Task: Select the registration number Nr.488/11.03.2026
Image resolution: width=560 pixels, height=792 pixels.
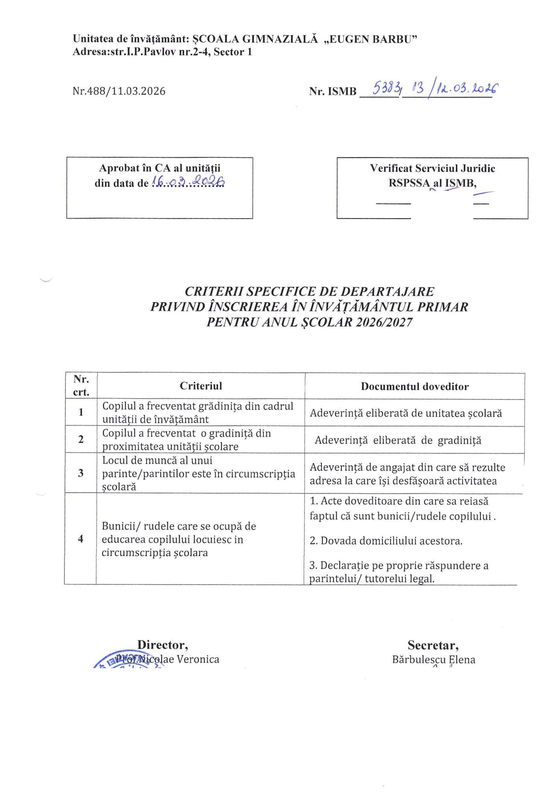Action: [x=119, y=91]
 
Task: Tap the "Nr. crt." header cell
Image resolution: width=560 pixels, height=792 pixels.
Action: [x=81, y=386]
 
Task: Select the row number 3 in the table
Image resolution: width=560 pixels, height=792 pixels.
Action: [x=81, y=473]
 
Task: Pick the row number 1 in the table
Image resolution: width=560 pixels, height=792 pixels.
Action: [x=81, y=412]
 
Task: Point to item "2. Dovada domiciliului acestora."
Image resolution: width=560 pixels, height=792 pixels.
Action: [x=386, y=540]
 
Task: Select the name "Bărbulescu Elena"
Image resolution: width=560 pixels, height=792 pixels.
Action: [x=434, y=660]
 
